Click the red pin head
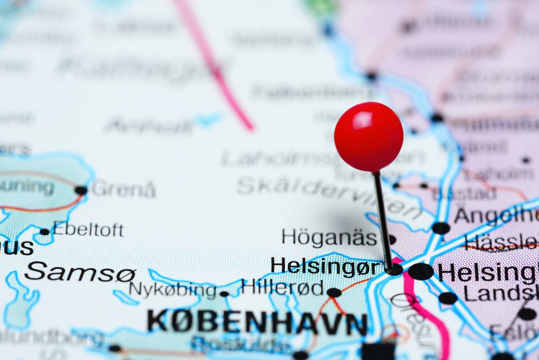pos(369,136)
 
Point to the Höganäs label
pos(329,237)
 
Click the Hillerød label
pos(282,286)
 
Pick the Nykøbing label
pos(172,290)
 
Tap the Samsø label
pos(80,272)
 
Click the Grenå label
pos(123,189)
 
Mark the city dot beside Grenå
pos(81,190)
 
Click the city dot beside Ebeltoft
pos(45,232)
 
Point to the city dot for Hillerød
pos(334,292)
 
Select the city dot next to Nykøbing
pos(224,294)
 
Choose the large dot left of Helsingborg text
pos(420,271)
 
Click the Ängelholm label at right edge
pos(496,215)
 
